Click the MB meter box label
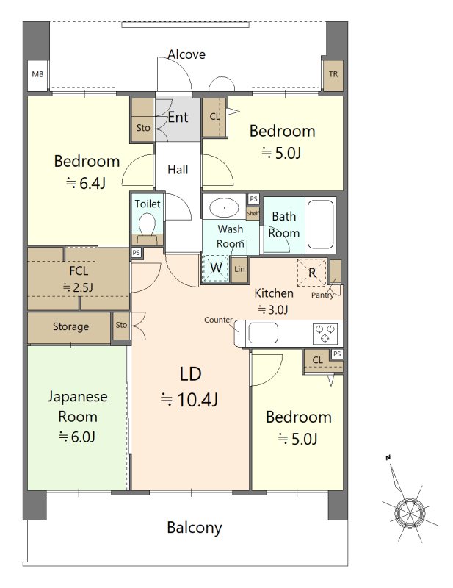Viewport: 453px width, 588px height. [x=37, y=74]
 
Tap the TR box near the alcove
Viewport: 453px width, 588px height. [x=333, y=75]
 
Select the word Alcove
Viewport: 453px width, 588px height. [x=186, y=54]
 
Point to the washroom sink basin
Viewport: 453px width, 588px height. [x=224, y=207]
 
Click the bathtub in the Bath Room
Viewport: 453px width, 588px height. [x=319, y=225]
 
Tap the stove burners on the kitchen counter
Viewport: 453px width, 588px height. [x=325, y=334]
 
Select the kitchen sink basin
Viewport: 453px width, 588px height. [x=263, y=333]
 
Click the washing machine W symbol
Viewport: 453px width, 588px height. [x=216, y=268]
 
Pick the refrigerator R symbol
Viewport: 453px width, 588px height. [x=312, y=273]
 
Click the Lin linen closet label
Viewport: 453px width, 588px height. [x=239, y=269]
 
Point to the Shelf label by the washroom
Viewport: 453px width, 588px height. [x=253, y=213]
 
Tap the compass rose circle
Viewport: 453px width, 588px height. [x=410, y=513]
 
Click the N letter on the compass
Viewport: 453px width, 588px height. [x=388, y=457]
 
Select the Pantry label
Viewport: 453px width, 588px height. [x=322, y=295]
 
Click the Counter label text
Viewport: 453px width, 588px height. [x=219, y=320]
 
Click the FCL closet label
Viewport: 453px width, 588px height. [x=79, y=270]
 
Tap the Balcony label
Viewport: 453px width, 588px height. [x=195, y=528]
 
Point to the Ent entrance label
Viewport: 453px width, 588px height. [x=178, y=118]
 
